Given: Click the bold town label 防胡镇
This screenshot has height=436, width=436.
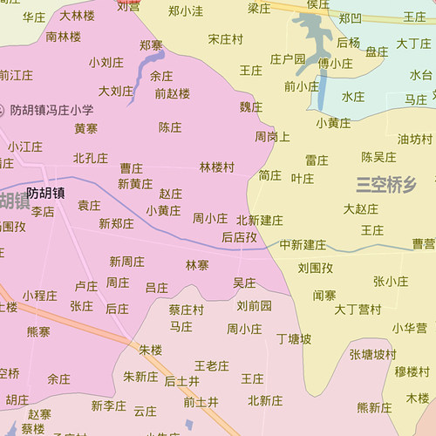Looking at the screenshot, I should [44, 194].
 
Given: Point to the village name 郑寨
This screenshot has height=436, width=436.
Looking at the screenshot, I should [151, 44].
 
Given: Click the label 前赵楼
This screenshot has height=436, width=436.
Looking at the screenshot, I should [172, 93].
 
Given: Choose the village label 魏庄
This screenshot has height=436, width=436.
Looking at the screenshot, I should [250, 106].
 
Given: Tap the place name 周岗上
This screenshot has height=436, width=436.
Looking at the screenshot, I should [272, 137].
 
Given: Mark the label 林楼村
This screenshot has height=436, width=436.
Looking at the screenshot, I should [216, 167].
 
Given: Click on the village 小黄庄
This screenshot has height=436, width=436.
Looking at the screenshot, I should [333, 123].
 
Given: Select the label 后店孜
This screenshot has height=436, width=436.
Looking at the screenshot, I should [239, 236].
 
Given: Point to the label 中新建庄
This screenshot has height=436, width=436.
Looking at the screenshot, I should [303, 244].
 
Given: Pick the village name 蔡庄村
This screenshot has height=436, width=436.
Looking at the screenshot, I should [186, 310].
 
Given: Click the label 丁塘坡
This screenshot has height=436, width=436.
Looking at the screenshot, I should [294, 338].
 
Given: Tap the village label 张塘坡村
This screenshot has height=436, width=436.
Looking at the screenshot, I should [372, 355].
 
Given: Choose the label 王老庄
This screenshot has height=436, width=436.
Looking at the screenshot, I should [211, 365].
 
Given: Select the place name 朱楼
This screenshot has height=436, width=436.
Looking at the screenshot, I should [151, 350].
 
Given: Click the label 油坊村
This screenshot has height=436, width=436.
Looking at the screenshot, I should [414, 139].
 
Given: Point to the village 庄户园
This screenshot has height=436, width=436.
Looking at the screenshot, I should [288, 59].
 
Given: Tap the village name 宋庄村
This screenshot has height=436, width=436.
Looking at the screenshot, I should [226, 40].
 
